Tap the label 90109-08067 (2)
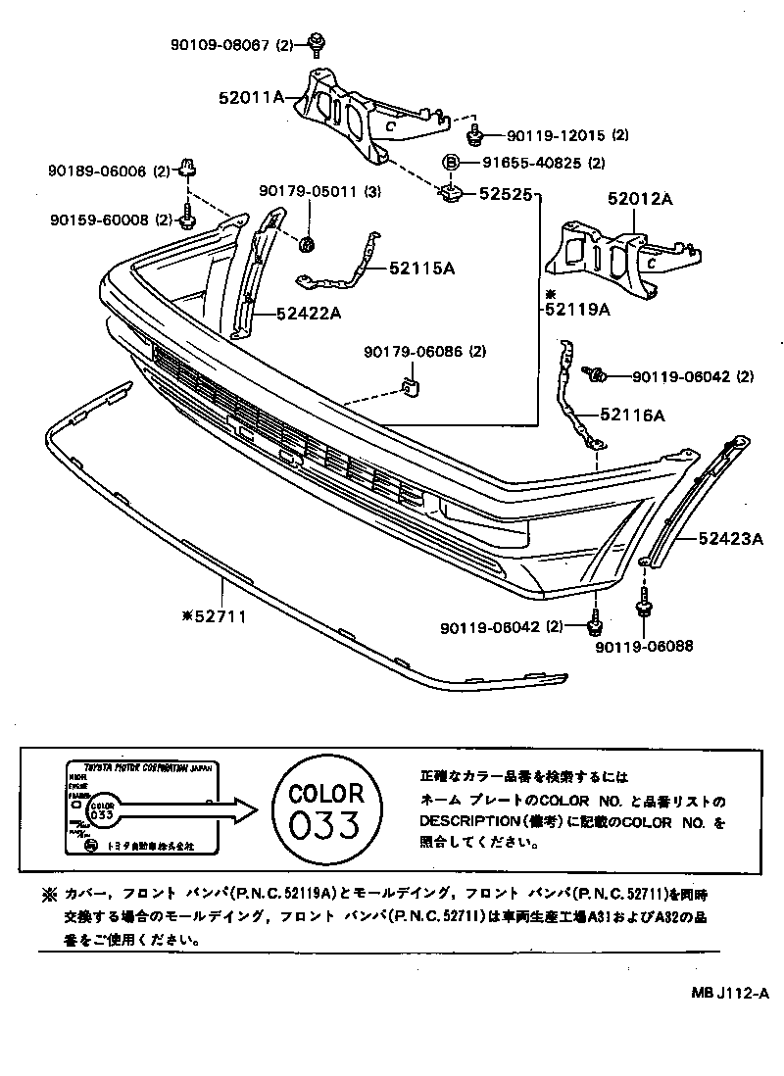(x=229, y=44)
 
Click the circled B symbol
(x=452, y=163)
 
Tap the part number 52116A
(x=632, y=416)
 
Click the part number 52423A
(x=730, y=538)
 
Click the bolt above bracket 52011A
(x=317, y=41)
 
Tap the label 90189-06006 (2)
(x=109, y=171)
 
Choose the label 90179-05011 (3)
(x=319, y=192)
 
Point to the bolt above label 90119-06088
(x=643, y=609)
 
